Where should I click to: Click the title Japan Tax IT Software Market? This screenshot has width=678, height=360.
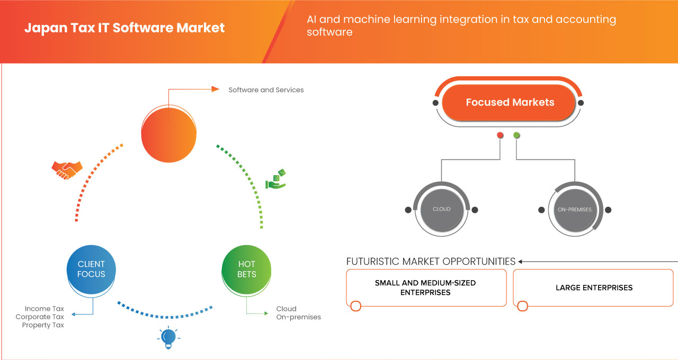[x=124, y=28]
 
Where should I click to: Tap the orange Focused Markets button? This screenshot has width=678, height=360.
[x=510, y=102]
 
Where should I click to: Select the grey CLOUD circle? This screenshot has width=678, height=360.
[x=441, y=209]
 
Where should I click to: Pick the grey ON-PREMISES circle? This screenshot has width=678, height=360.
[x=575, y=210]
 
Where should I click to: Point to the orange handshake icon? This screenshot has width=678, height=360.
[x=67, y=169]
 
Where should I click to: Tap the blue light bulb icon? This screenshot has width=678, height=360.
[x=168, y=337]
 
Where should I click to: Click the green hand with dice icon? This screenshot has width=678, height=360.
[x=276, y=179]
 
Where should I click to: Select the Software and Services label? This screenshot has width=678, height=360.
[x=266, y=90]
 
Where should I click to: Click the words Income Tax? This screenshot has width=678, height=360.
[x=44, y=309]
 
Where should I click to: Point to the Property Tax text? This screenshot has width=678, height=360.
[x=43, y=325]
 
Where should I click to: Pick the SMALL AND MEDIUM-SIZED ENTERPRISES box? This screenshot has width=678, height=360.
[x=425, y=287]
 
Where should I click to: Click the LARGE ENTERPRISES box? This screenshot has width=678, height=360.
[x=594, y=287]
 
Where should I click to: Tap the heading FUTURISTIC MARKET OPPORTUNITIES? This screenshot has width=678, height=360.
[x=431, y=262]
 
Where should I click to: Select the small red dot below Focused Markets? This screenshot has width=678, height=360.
[x=500, y=136]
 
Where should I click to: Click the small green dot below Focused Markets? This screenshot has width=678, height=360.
[x=517, y=136]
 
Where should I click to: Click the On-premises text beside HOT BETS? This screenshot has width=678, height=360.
[x=298, y=317]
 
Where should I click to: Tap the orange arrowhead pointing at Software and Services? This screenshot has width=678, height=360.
[x=215, y=89]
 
